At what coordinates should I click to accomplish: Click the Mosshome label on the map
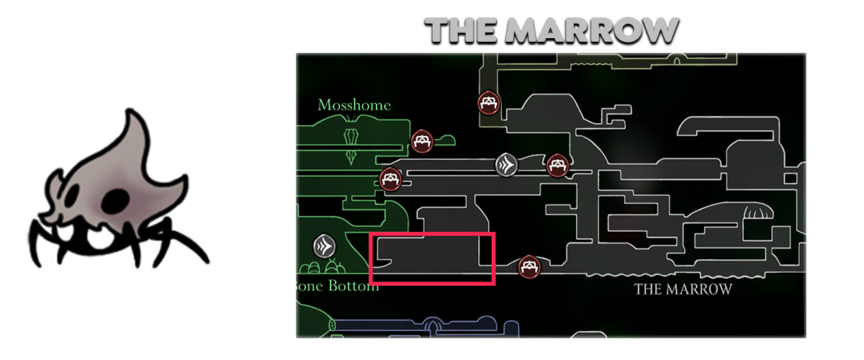(x=354, y=105)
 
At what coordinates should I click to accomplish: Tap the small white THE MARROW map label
(x=683, y=289)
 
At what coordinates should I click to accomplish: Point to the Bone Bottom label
(x=338, y=286)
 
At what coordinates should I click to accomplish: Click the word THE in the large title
(x=460, y=30)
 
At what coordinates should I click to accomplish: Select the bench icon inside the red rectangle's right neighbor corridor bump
(x=529, y=266)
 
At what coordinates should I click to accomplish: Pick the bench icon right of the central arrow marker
(x=556, y=166)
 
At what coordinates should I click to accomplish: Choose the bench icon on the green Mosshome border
(x=390, y=178)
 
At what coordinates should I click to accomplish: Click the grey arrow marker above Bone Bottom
(x=325, y=247)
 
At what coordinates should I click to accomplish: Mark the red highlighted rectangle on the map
(x=432, y=258)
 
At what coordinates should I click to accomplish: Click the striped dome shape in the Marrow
(x=756, y=213)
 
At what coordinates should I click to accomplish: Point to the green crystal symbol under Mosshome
(x=351, y=144)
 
